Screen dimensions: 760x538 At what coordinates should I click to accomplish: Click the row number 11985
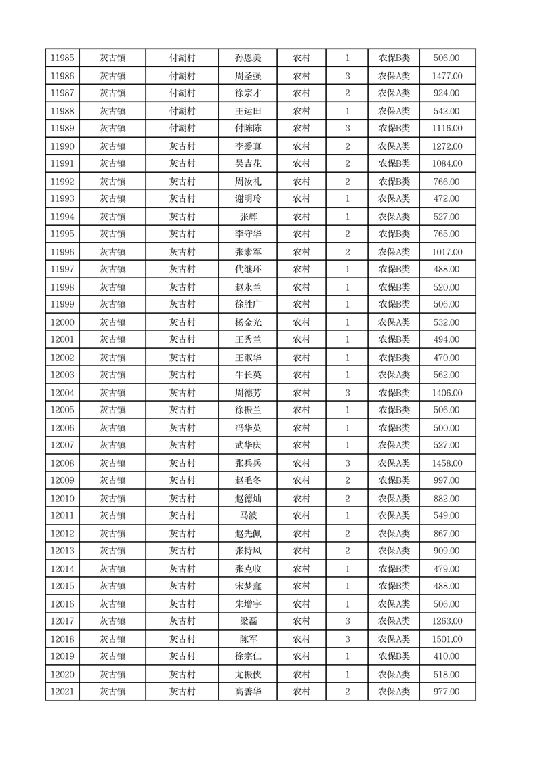(62, 58)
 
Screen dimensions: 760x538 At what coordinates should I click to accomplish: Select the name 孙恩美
(247, 58)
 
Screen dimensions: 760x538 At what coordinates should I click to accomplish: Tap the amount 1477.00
(447, 77)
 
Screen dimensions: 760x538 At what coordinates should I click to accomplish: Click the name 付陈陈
(247, 128)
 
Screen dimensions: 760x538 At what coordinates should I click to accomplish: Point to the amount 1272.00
(447, 146)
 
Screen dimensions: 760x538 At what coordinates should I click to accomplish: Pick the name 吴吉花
(247, 163)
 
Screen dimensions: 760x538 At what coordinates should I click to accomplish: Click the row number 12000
(62, 322)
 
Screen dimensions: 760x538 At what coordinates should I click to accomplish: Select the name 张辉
(247, 217)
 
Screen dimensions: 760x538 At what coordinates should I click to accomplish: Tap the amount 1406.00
(447, 393)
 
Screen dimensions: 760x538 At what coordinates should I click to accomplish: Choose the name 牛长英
(247, 375)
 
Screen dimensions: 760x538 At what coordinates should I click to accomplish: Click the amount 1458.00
(447, 463)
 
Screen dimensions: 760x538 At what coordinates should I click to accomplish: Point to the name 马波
(247, 515)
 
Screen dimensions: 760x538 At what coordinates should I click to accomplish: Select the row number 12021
(62, 692)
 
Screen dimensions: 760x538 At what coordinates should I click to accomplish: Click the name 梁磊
(247, 621)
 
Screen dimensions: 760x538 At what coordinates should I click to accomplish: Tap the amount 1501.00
(447, 639)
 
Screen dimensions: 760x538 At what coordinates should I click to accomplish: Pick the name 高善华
(247, 692)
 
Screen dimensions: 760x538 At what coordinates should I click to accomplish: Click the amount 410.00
(447, 656)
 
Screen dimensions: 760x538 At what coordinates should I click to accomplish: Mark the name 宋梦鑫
(247, 586)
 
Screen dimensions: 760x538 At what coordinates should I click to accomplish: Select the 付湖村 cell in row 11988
(182, 111)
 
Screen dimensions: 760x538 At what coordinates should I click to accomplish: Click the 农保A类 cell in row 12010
(394, 499)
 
